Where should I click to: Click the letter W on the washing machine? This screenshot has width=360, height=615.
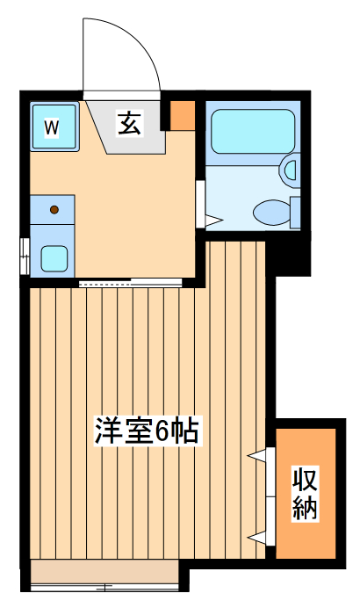pyautogui.click(x=52, y=127)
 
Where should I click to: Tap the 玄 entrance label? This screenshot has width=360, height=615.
pyautogui.click(x=129, y=123)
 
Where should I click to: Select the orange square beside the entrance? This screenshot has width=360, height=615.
pyautogui.click(x=182, y=114)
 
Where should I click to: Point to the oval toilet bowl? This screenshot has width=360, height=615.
pyautogui.click(x=270, y=211)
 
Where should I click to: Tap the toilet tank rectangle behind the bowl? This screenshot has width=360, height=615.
pyautogui.click(x=296, y=212)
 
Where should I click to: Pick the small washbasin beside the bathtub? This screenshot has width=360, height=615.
pyautogui.click(x=290, y=167)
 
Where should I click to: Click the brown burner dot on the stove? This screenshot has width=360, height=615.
pyautogui.click(x=54, y=210)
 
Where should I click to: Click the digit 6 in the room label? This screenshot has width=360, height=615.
pyautogui.click(x=163, y=431)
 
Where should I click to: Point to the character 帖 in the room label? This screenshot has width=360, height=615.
pyautogui.click(x=185, y=431)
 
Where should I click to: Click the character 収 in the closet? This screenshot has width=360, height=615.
pyautogui.click(x=305, y=480)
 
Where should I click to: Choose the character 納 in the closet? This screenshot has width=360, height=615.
pyautogui.click(x=305, y=508)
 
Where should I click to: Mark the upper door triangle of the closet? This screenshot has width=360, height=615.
pyautogui.click(x=258, y=455)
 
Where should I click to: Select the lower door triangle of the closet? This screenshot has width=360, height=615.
pyautogui.click(x=258, y=535)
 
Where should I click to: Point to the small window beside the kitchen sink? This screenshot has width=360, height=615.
pyautogui.click(x=24, y=250)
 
